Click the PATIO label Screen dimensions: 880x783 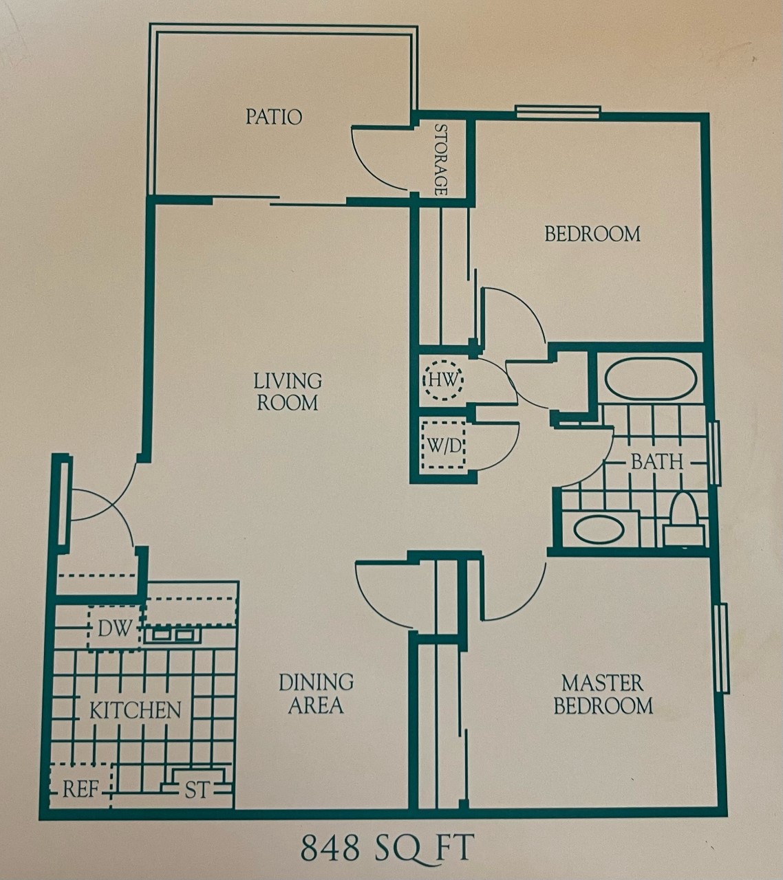[274, 117]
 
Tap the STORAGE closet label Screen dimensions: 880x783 [441, 159]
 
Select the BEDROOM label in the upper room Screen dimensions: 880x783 [592, 234]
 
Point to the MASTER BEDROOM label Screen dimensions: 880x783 [603, 694]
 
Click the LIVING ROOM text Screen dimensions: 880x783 [288, 391]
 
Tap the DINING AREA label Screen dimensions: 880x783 [316, 694]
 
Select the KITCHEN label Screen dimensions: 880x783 [136, 710]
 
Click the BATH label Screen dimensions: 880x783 [657, 461]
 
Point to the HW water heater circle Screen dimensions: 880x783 [444, 379]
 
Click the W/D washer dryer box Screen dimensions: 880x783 [444, 445]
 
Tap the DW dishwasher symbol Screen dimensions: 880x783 [114, 628]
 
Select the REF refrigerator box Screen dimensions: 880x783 [80, 789]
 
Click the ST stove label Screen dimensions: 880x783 [197, 791]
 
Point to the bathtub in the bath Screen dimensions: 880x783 [651, 379]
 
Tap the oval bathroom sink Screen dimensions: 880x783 [599, 530]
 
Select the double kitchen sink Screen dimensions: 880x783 [172, 634]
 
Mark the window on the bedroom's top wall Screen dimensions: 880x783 [558, 112]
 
